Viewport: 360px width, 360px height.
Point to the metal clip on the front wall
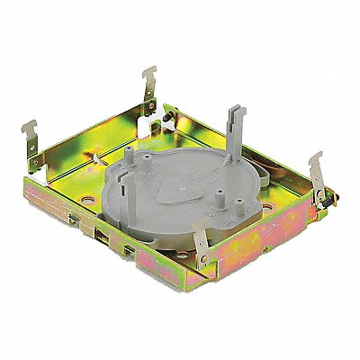[204, 269]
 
